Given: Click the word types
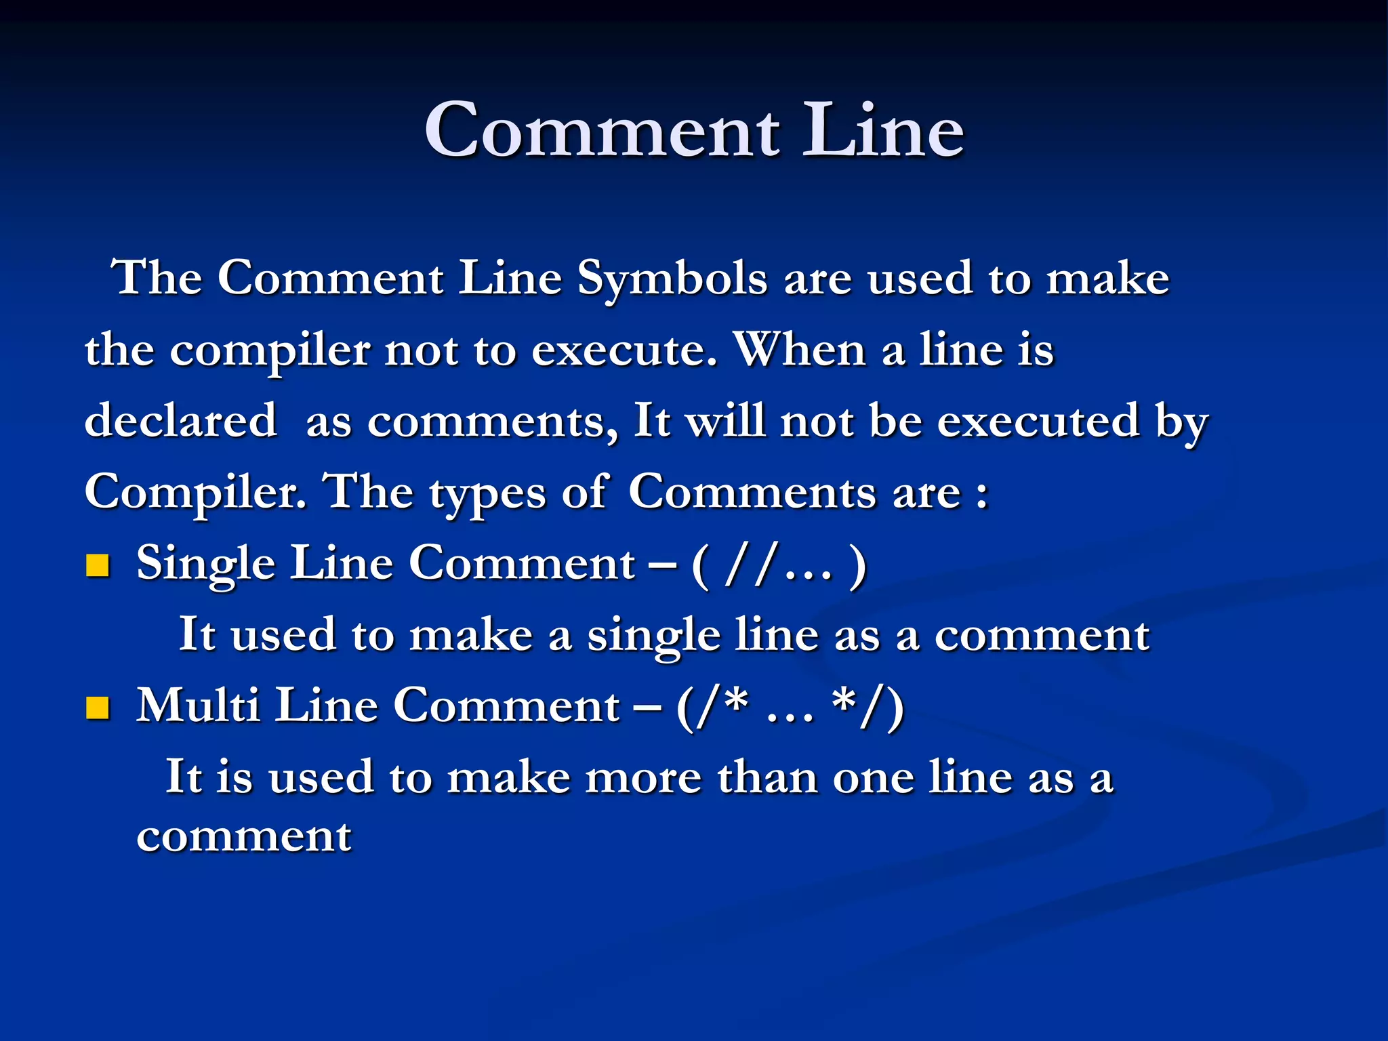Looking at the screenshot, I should click(487, 492).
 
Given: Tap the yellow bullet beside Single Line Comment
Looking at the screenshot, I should click(98, 565).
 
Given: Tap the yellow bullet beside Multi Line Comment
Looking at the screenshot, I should click(98, 708).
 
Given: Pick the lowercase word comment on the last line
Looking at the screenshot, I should click(244, 836).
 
